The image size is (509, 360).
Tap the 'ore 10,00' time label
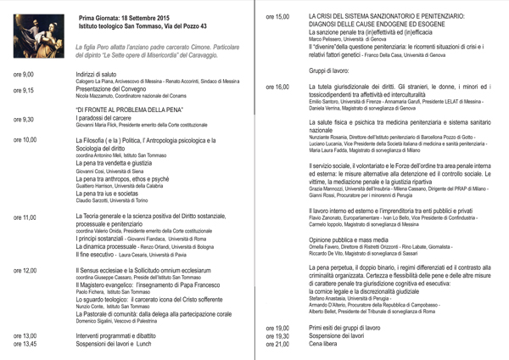click(x=25, y=140)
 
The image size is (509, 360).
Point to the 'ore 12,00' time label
click(x=25, y=271)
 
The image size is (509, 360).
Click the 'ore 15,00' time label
click(x=277, y=17)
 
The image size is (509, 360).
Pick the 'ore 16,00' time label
click(x=277, y=87)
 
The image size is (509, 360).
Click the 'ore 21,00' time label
click(x=277, y=345)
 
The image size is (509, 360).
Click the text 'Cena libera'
click(x=327, y=345)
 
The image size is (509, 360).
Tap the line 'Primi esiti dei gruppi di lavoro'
click(x=356, y=328)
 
